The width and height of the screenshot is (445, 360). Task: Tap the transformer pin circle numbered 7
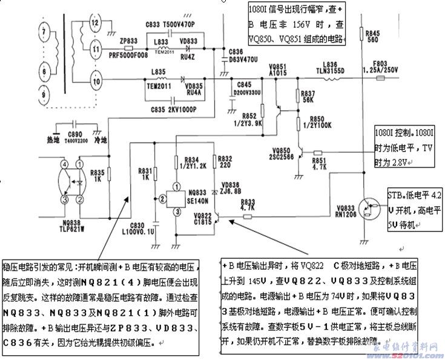click(x=42, y=30)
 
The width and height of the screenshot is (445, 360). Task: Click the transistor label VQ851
click(x=277, y=65)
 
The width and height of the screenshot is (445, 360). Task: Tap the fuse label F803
click(x=380, y=64)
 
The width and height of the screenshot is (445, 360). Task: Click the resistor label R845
click(x=372, y=33)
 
